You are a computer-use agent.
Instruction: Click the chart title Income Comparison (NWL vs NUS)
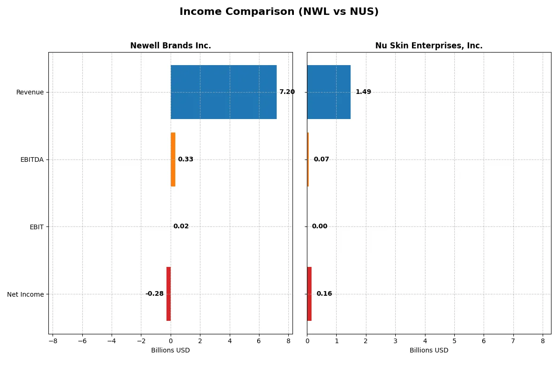[x=279, y=12]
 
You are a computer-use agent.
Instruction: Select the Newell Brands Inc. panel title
[x=170, y=46]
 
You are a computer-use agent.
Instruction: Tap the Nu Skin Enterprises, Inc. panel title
[x=429, y=46]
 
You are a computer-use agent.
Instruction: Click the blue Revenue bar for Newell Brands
[x=224, y=92]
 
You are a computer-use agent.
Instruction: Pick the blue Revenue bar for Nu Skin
[x=329, y=92]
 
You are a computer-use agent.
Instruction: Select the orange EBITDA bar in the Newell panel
[x=173, y=159]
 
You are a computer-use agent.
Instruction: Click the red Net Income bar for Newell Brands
[x=168, y=294]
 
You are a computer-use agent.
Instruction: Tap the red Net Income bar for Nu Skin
[x=309, y=294]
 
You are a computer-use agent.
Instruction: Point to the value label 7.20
[x=287, y=92]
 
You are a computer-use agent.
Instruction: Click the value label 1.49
[x=363, y=92]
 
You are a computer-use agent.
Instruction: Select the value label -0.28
[x=154, y=294]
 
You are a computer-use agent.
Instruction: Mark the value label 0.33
[x=186, y=159]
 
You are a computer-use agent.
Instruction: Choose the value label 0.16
[x=324, y=294]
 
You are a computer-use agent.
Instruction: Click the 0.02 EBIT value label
[x=181, y=226]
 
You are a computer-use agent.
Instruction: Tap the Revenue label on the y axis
[x=30, y=92]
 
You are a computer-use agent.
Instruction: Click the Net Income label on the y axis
[x=26, y=294]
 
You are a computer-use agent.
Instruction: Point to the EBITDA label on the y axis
[x=32, y=159]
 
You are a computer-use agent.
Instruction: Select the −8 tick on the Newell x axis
[x=53, y=341]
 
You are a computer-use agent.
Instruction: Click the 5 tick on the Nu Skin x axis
[x=454, y=341]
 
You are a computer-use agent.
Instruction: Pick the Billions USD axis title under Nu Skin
[x=429, y=351]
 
